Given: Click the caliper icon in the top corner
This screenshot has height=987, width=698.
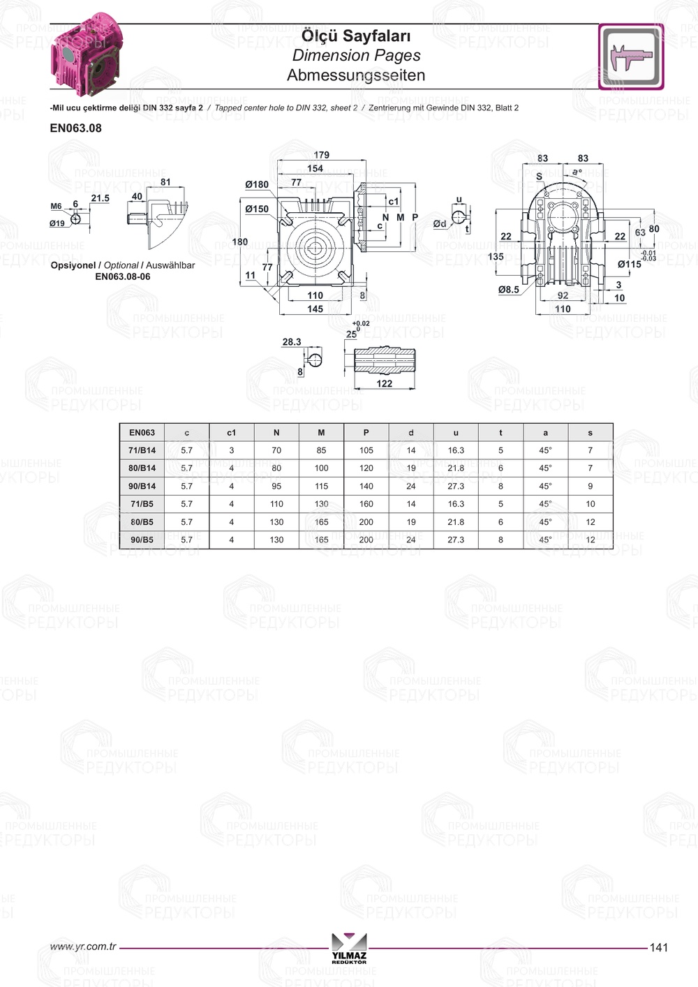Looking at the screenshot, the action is click(631, 57).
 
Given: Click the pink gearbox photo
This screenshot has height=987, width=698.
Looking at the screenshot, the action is click(87, 54).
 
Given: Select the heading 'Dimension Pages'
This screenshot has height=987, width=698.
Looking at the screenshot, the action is click(356, 56).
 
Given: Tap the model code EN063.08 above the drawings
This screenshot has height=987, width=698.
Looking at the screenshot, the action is click(76, 128).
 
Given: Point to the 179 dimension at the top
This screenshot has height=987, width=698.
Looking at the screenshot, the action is click(321, 155).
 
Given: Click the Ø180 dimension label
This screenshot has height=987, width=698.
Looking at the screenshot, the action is click(257, 184).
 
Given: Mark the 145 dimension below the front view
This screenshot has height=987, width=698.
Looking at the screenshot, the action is click(315, 309).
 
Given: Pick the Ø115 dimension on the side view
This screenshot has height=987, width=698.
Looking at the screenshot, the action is click(630, 265).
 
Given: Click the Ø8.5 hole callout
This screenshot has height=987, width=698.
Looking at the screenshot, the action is click(509, 290).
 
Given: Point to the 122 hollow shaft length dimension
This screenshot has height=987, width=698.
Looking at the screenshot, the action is click(385, 383).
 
